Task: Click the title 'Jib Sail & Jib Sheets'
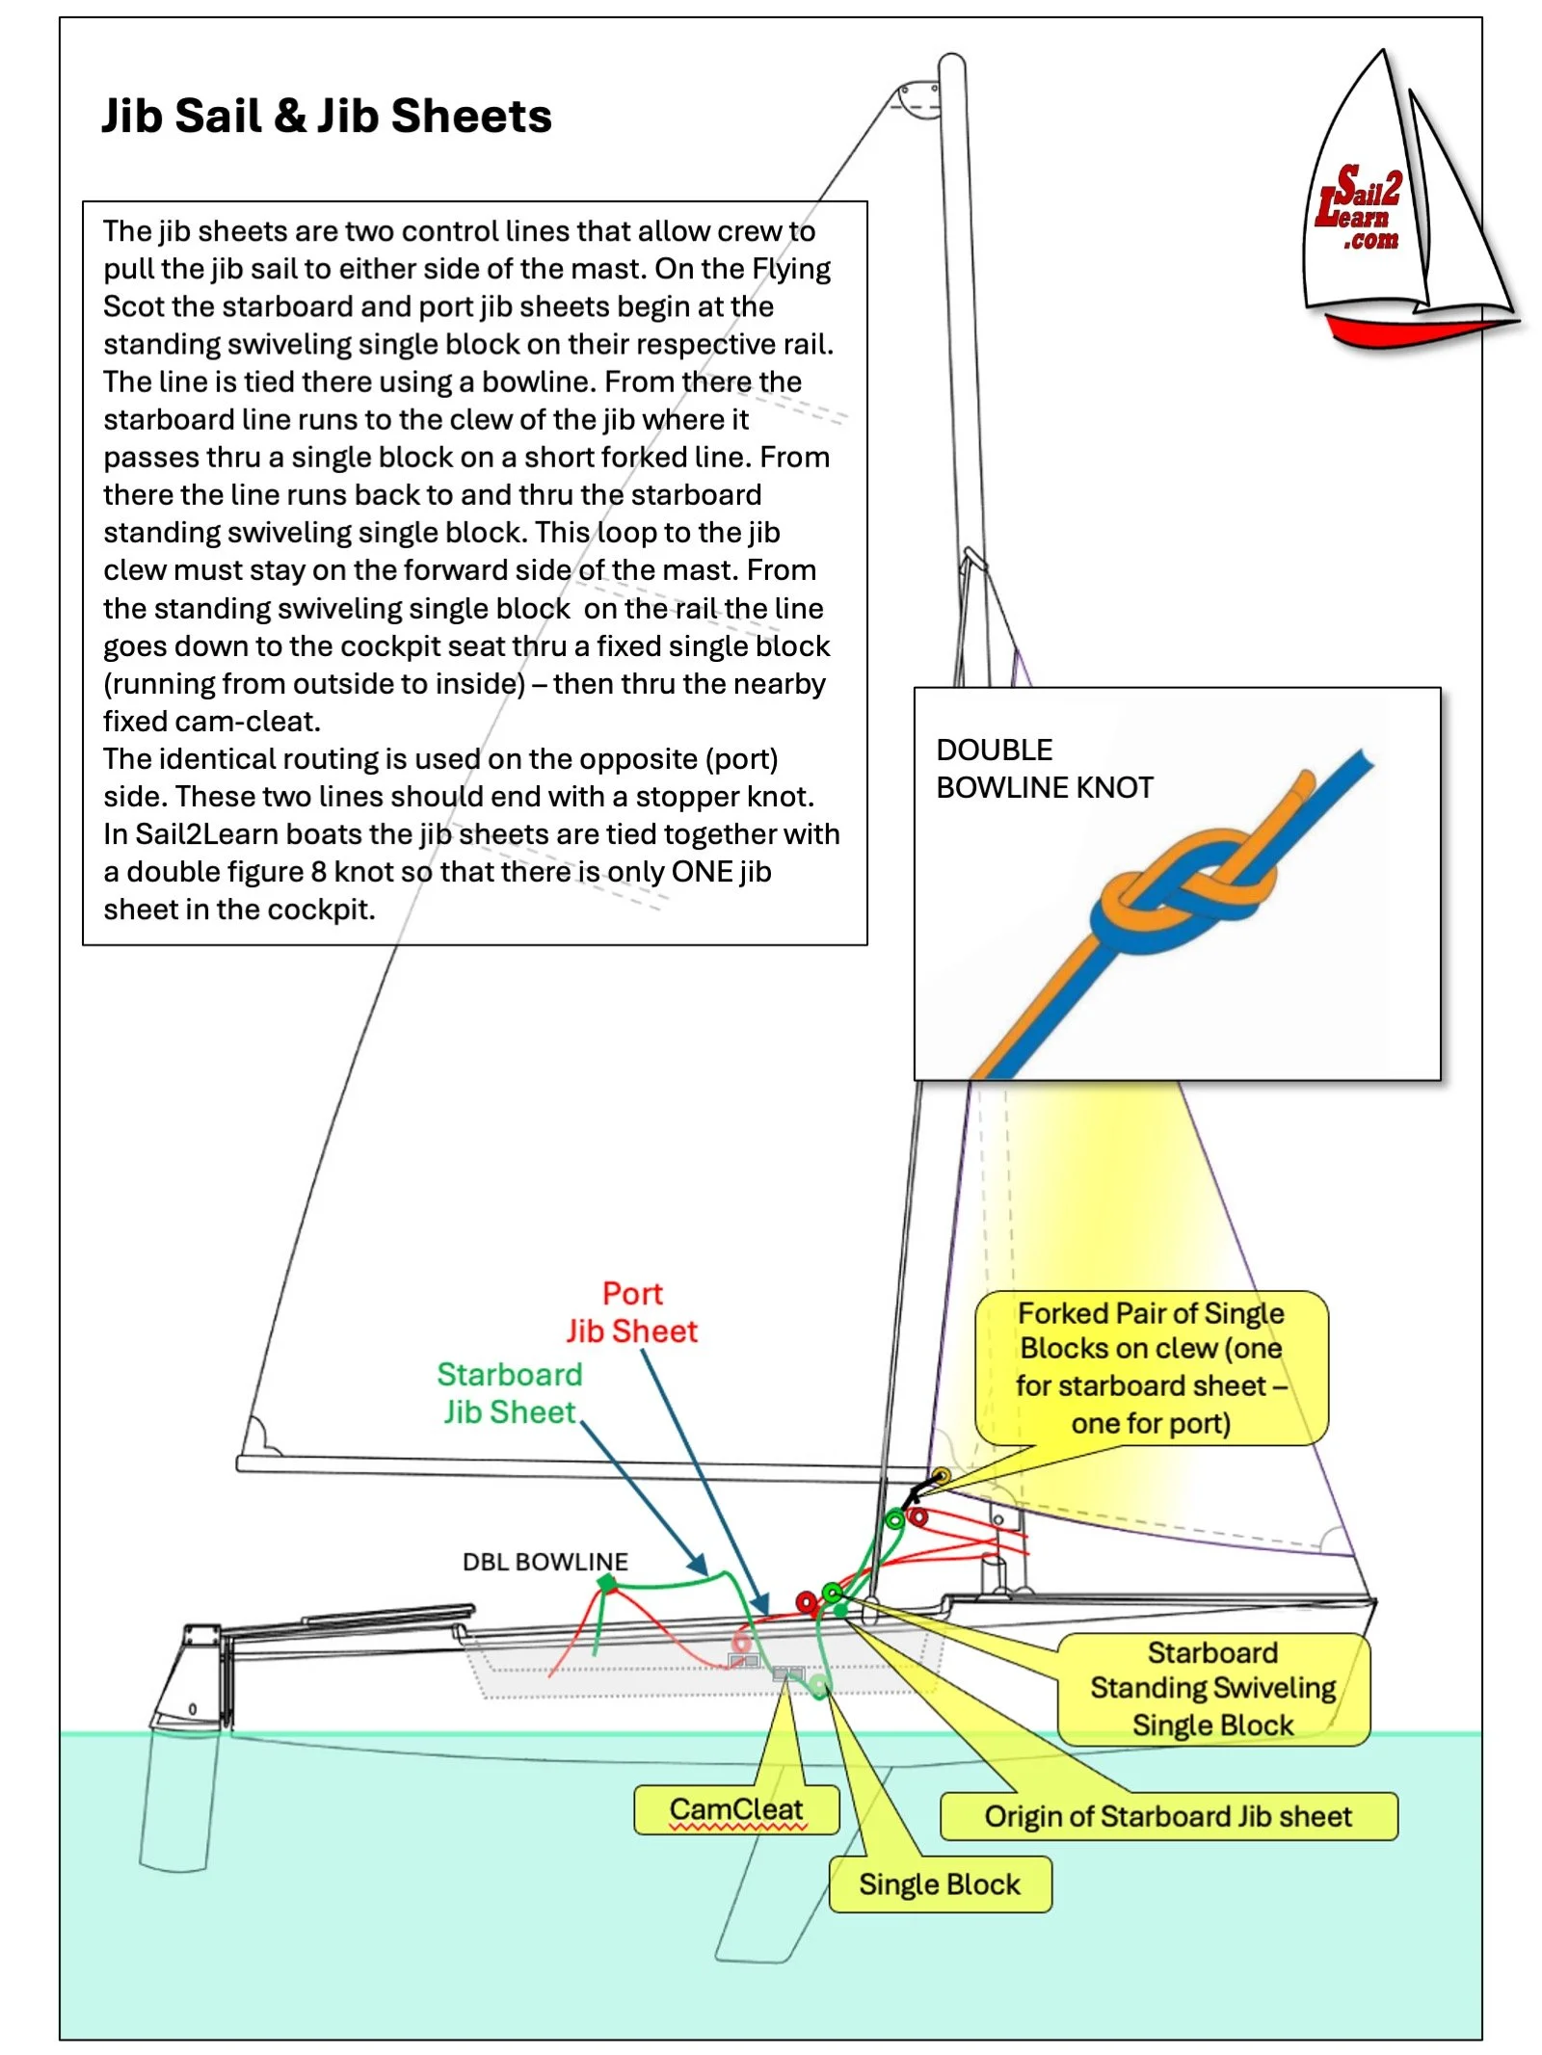(326, 116)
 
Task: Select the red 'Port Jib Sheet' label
(631, 1312)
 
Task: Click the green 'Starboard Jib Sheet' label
(509, 1392)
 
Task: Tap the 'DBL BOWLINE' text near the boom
(545, 1562)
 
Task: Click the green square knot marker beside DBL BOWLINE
(607, 1583)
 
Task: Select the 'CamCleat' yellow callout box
(735, 1810)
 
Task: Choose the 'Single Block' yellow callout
(939, 1884)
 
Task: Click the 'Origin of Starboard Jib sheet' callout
(1167, 1817)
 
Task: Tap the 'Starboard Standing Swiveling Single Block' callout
(1212, 1689)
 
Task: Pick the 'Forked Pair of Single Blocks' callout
(1151, 1368)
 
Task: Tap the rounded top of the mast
(951, 67)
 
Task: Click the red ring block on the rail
(807, 1603)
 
